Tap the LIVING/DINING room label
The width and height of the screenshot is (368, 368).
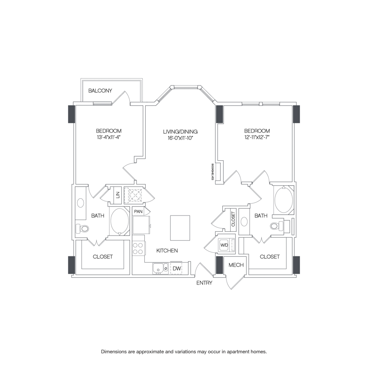(180, 132)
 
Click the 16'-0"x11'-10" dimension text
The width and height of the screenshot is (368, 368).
(180, 138)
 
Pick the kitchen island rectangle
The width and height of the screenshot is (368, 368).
(180, 228)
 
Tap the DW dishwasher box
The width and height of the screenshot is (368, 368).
(176, 268)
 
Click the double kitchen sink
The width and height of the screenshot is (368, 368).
(160, 268)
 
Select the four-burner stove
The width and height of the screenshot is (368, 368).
(139, 248)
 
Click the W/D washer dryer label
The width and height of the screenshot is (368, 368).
(224, 245)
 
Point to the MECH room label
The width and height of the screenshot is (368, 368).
(236, 265)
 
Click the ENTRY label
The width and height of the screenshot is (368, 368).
(204, 283)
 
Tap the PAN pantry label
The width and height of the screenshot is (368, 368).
(138, 211)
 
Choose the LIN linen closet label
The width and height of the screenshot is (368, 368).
(118, 195)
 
